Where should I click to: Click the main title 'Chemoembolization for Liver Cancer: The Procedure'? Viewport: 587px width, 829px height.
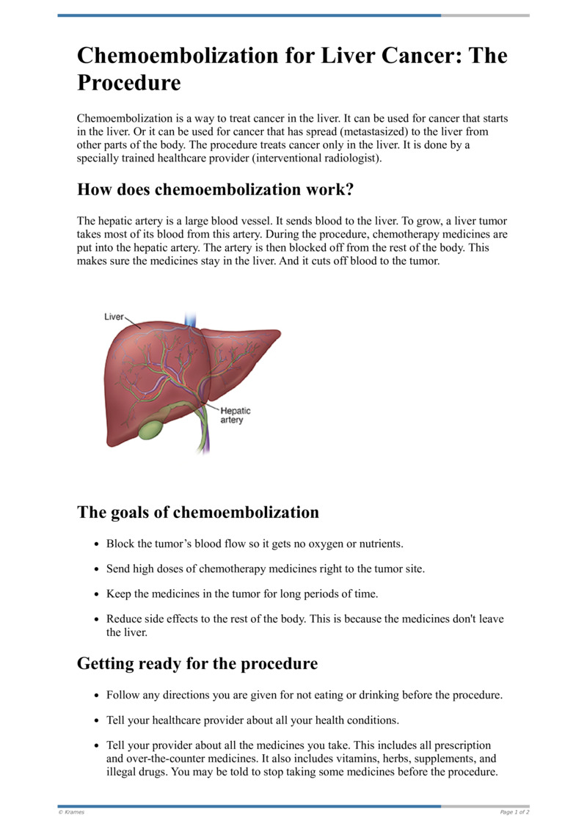(x=292, y=69)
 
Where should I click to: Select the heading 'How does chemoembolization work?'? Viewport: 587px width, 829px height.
(x=216, y=190)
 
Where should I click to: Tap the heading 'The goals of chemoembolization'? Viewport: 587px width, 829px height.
(x=198, y=512)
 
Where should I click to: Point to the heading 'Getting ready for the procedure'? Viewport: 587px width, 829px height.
(x=197, y=664)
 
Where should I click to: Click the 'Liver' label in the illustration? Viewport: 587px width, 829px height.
(x=114, y=317)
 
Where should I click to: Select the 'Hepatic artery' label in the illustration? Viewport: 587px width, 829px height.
(x=236, y=416)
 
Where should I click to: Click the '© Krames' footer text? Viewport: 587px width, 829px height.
(x=71, y=812)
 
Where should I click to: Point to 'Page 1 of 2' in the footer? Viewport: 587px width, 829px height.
(x=514, y=812)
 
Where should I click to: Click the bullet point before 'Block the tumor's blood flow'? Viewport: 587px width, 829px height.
(x=98, y=544)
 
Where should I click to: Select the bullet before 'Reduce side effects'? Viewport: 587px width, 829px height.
(x=98, y=619)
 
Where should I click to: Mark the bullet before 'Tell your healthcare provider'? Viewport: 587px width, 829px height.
(x=98, y=720)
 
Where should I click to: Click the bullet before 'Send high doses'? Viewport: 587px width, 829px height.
(x=98, y=569)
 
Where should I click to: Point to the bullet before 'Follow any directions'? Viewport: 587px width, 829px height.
(x=98, y=695)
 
